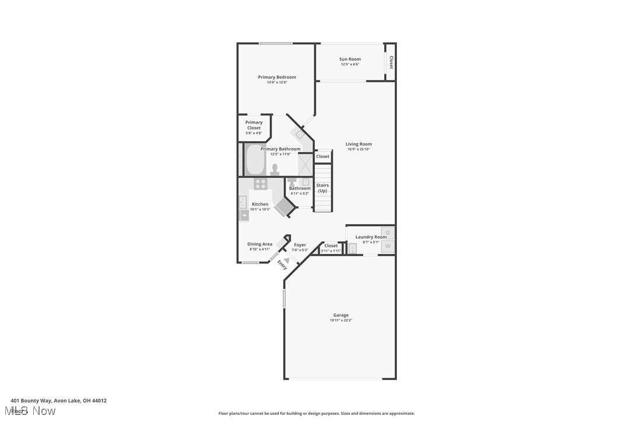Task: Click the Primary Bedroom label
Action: tap(277, 77)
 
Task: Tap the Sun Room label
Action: tap(350, 59)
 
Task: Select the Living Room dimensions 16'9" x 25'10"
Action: tap(358, 149)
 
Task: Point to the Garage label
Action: tap(341, 315)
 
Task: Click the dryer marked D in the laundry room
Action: tap(388, 233)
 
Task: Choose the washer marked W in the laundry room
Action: tap(388, 247)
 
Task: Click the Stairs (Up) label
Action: tap(322, 188)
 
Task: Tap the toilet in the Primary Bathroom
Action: tap(275, 169)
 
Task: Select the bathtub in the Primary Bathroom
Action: tap(255, 161)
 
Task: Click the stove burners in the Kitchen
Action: tap(260, 184)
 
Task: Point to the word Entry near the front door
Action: tap(282, 265)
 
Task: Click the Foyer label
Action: tap(300, 245)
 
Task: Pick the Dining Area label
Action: tap(259, 244)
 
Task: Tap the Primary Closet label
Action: tap(254, 125)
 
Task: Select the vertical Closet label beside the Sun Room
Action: tap(391, 62)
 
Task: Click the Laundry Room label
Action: tap(371, 237)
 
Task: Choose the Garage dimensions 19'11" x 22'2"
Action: tap(341, 320)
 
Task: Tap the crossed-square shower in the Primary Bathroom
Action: tap(306, 164)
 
